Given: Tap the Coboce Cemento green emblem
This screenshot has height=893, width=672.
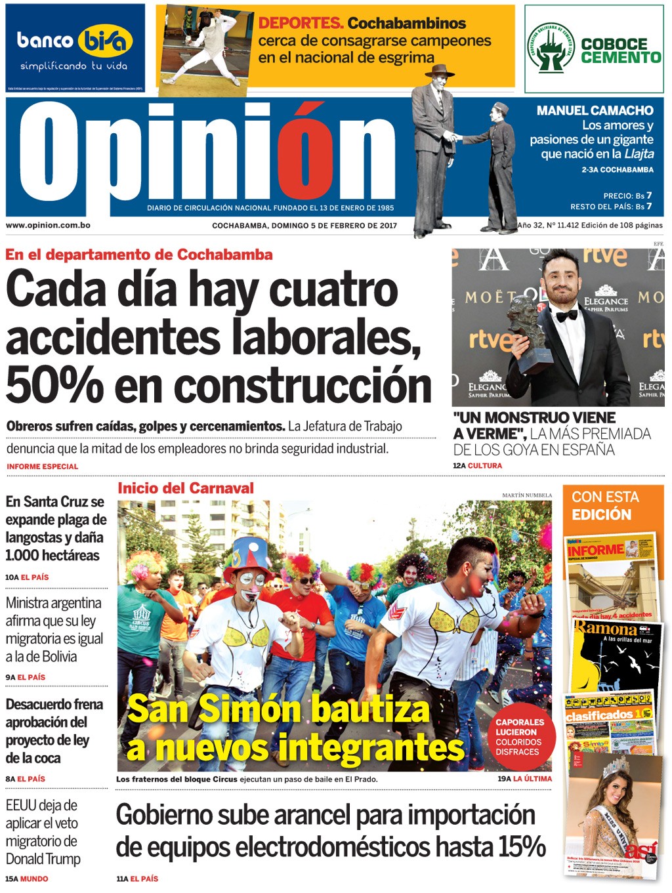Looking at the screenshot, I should (x=551, y=49).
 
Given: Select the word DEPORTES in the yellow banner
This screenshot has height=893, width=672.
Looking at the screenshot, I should (x=301, y=24).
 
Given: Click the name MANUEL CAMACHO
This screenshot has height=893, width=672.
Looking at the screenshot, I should (x=595, y=111).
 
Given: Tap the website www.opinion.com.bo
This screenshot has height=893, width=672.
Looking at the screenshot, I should (x=48, y=225).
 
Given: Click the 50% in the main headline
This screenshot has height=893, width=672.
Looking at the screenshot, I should (x=54, y=385).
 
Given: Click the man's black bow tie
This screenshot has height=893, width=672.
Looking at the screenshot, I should (x=567, y=316).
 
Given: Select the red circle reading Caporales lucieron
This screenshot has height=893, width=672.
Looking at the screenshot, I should (x=520, y=736).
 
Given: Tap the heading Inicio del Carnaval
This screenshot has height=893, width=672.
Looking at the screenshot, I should (x=186, y=488).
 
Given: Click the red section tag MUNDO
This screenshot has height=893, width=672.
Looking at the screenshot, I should (x=34, y=879).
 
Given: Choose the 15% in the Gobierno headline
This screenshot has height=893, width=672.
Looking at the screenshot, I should (x=522, y=846).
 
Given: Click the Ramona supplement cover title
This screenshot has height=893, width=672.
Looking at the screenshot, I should (x=606, y=628).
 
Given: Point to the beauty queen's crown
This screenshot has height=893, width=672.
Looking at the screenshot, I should (x=616, y=766).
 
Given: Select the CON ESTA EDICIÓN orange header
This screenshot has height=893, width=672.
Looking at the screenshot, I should (x=605, y=505).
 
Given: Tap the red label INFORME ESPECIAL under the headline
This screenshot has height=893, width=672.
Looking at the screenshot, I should (x=43, y=467).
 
